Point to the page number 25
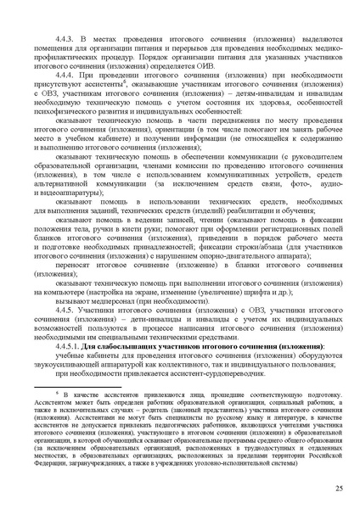click(339, 489)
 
